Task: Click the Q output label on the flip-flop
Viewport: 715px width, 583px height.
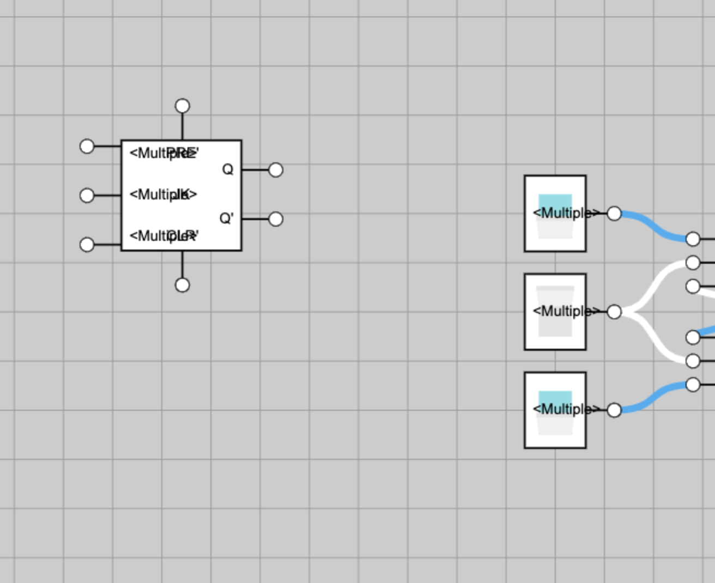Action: [228, 169]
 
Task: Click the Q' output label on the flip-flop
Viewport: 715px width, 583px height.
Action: [226, 218]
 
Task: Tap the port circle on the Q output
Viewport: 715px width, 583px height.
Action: [276, 170]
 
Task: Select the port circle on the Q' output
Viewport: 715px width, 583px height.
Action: [276, 219]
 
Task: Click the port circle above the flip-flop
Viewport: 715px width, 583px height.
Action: [183, 106]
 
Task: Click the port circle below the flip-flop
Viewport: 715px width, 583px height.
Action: [183, 285]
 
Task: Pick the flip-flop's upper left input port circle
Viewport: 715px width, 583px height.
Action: [87, 146]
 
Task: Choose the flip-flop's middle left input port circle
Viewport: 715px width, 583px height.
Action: [87, 195]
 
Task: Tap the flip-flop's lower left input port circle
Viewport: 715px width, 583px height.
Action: [87, 245]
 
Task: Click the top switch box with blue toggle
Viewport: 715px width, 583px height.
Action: [555, 214]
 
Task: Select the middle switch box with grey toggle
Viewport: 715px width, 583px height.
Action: [555, 312]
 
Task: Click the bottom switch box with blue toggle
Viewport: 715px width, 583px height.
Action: [555, 410]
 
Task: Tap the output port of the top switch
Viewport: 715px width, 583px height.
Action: [614, 214]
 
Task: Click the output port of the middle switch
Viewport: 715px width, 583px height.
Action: [614, 312]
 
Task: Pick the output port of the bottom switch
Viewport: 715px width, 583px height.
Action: [614, 410]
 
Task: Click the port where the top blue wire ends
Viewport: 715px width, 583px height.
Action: [693, 239]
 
